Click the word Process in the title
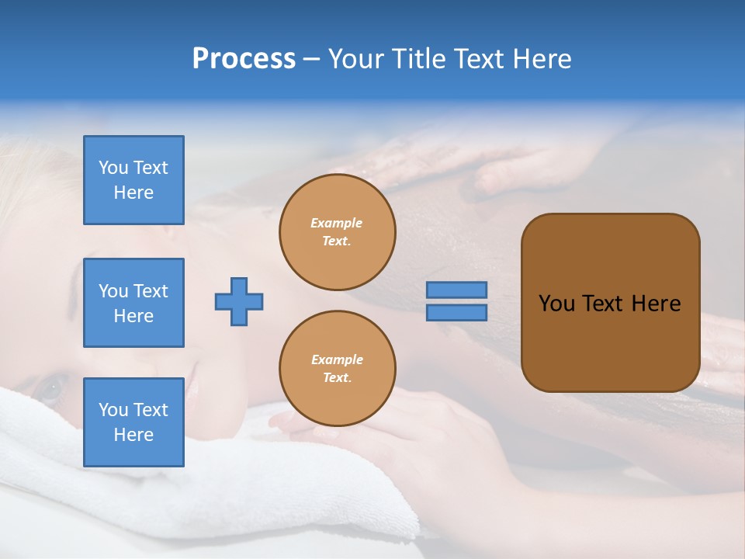click(x=244, y=59)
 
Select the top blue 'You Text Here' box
click(x=133, y=180)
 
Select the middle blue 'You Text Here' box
click(x=133, y=303)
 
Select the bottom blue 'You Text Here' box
click(x=133, y=422)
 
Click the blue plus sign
click(x=239, y=301)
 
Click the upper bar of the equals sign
click(x=457, y=290)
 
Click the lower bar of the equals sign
click(x=457, y=312)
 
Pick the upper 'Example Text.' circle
click(x=338, y=232)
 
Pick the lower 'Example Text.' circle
click(x=338, y=369)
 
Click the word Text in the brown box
click(x=603, y=304)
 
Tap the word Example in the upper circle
click(x=337, y=223)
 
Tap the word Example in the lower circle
click(x=337, y=359)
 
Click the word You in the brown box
click(x=556, y=304)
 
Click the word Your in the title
click(x=358, y=59)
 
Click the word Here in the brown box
click(x=656, y=304)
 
